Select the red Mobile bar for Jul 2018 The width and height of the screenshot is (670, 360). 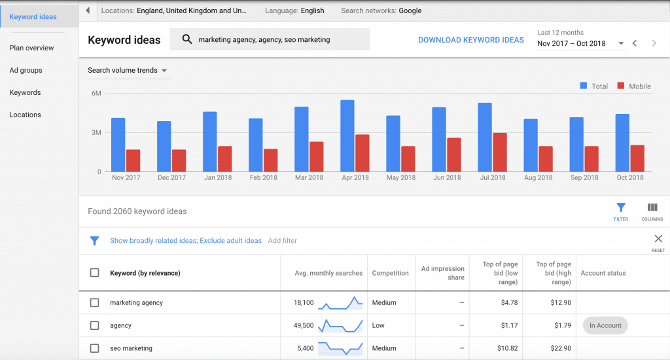[x=500, y=153]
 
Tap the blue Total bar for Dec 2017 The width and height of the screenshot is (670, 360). [x=164, y=147]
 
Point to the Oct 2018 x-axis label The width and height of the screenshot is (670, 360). [x=630, y=177]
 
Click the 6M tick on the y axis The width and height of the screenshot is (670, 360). [x=96, y=94]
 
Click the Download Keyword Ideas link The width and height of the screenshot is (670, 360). [x=470, y=40]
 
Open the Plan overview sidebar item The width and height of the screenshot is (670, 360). [x=31, y=48]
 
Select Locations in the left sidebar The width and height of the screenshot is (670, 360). [x=25, y=115]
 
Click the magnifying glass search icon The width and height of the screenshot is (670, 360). [x=187, y=39]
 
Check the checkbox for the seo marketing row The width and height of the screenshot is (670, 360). [x=95, y=348]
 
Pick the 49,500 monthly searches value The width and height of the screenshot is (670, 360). [x=304, y=325]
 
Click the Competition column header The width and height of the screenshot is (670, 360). [x=390, y=273]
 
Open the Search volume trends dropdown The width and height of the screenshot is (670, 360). [x=128, y=71]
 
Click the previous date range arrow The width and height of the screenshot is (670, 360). [x=634, y=43]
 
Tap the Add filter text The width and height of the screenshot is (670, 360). [x=283, y=240]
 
